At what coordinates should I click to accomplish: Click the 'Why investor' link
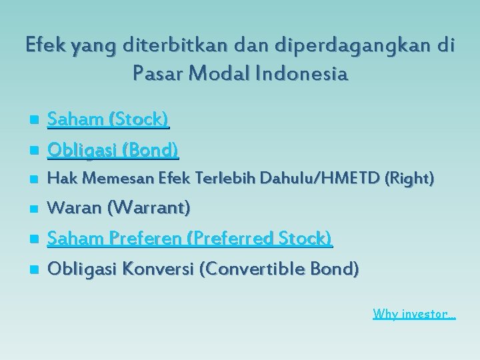[413, 313]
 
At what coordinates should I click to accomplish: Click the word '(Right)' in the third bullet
[415, 179]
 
